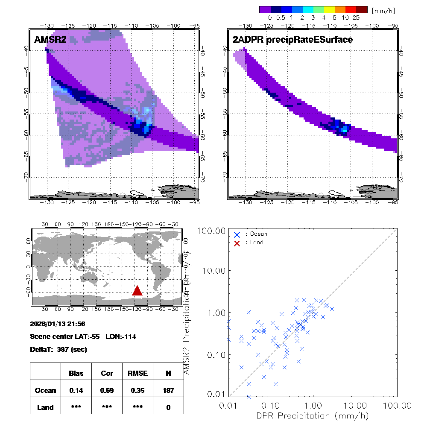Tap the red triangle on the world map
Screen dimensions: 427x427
pos(137,291)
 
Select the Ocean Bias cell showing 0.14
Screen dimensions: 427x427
pos(76,390)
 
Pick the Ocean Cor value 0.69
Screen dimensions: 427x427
pos(107,390)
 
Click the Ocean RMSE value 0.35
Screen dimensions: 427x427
pos(137,390)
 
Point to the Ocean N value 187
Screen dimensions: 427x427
pos(168,390)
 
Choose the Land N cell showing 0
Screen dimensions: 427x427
pos(168,407)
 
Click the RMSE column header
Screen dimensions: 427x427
pos(137,373)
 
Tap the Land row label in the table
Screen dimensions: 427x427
pos(46,407)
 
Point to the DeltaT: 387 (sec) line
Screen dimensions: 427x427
pos(58,349)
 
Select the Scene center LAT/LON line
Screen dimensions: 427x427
pos(83,337)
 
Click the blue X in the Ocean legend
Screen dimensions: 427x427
pos(237,234)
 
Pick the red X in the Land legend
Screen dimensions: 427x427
pos(237,243)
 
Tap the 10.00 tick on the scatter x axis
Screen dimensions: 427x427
pos(355,405)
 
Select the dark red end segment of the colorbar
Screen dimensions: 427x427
pos(362,9)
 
